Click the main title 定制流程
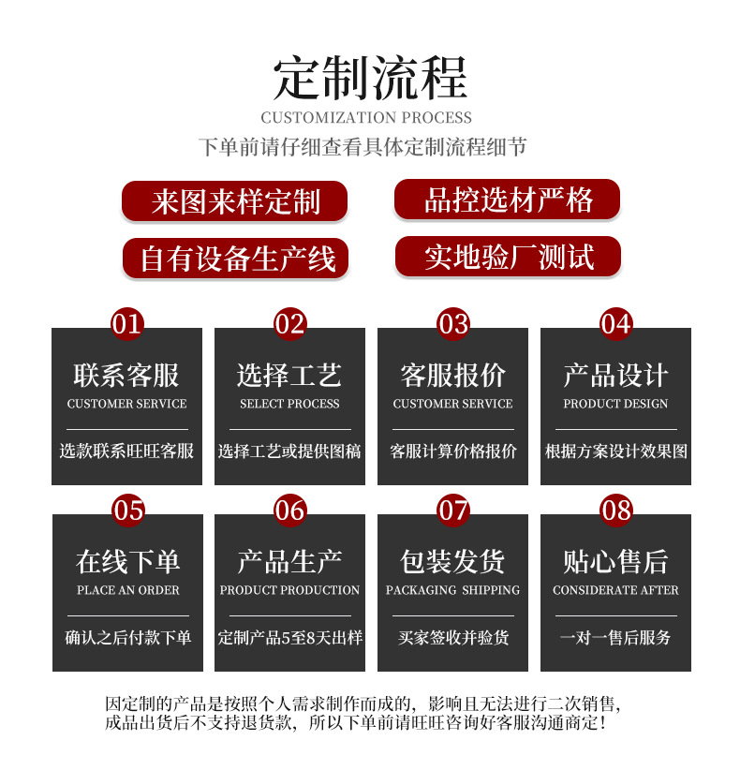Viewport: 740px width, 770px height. pyautogui.click(x=369, y=78)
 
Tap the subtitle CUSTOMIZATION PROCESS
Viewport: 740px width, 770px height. pyautogui.click(x=366, y=118)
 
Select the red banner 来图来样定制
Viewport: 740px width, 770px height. pyautogui.click(x=234, y=201)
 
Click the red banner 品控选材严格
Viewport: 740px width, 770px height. pyautogui.click(x=507, y=200)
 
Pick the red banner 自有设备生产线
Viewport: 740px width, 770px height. pyautogui.click(x=235, y=259)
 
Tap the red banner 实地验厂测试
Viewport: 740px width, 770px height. pyautogui.click(x=508, y=257)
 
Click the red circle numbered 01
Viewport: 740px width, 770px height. pyautogui.click(x=126, y=324)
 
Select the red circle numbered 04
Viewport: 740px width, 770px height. pyautogui.click(x=615, y=324)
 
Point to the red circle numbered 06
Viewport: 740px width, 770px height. pyautogui.click(x=289, y=511)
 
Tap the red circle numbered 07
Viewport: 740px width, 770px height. pyautogui.click(x=453, y=511)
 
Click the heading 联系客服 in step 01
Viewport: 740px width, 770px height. pyautogui.click(x=126, y=376)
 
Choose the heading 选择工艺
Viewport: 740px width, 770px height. pyautogui.click(x=289, y=376)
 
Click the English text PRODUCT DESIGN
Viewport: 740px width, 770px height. pyautogui.click(x=615, y=404)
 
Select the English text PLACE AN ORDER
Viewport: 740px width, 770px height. pyautogui.click(x=127, y=590)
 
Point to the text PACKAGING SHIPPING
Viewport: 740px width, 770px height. pyautogui.click(x=452, y=590)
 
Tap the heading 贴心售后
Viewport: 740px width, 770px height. pyautogui.click(x=615, y=562)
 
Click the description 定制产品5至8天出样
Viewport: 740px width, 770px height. pyautogui.click(x=289, y=638)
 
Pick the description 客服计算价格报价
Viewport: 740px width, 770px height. pyautogui.click(x=452, y=452)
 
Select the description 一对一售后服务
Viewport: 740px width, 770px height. pyautogui.click(x=615, y=638)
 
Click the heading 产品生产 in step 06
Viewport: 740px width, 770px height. pyautogui.click(x=289, y=562)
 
